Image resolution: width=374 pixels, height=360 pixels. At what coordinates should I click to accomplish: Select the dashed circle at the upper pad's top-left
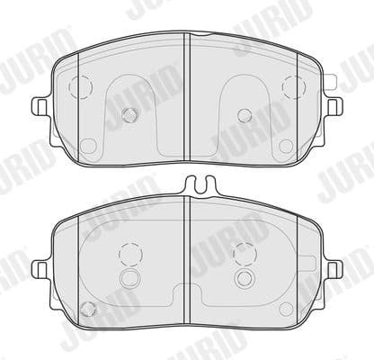click(x=82, y=86)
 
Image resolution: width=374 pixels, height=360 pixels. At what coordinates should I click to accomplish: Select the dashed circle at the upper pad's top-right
click(x=292, y=86)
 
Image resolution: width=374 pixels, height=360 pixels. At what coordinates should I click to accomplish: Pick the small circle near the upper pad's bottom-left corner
click(x=87, y=145)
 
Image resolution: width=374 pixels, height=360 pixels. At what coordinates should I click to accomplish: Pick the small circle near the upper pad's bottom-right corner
click(x=288, y=145)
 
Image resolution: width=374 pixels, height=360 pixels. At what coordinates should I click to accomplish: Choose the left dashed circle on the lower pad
click(x=130, y=253)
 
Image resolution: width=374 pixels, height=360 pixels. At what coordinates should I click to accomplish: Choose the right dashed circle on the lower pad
click(x=245, y=253)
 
